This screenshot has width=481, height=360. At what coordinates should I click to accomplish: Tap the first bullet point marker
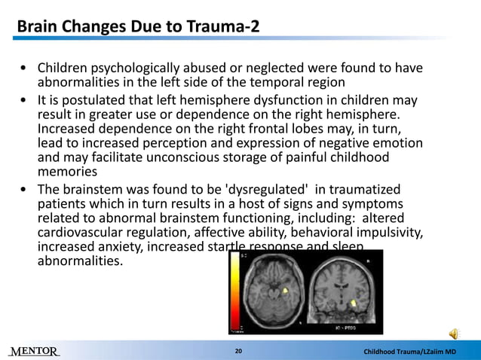pos(25,69)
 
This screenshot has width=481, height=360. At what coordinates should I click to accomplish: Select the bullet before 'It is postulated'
pos(25,101)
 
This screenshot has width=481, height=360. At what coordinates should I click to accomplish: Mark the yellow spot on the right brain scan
pos(355,304)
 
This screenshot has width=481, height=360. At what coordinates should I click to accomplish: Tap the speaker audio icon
pos(455,334)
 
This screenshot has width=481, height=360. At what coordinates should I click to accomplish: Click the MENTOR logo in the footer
pos(35,352)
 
